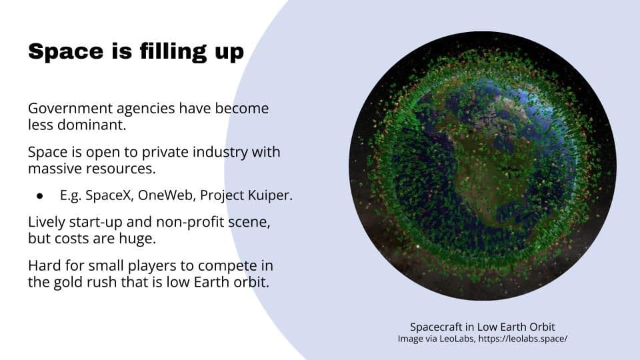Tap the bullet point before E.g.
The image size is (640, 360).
[x=39, y=197]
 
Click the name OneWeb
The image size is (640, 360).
[x=167, y=197]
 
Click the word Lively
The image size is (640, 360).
[x=47, y=221]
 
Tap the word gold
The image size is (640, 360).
[x=65, y=282]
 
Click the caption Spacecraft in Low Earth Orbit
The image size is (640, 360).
[x=483, y=327]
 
